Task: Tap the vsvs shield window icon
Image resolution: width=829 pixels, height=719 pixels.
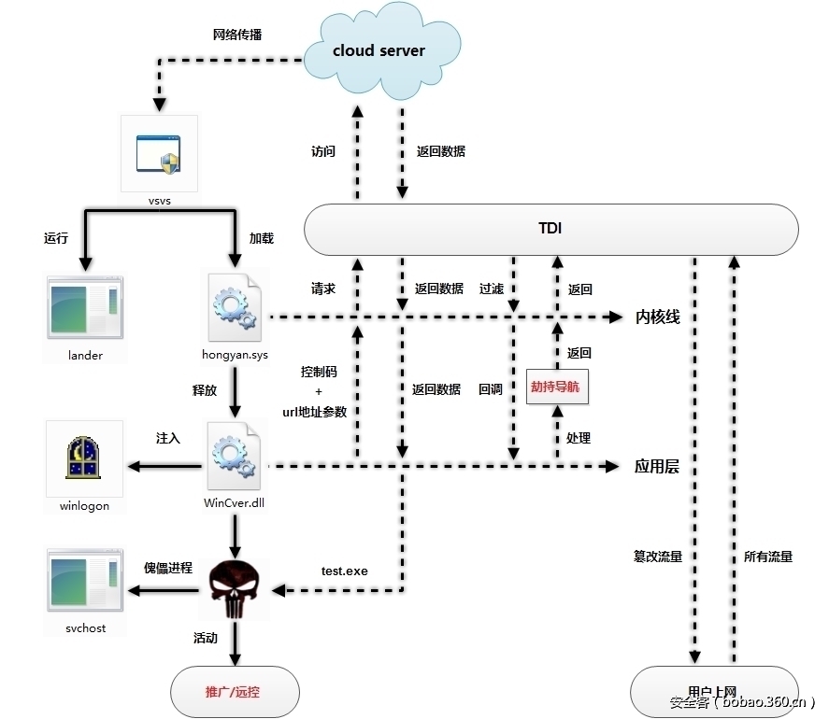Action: click(x=159, y=153)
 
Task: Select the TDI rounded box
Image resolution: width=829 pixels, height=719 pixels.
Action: click(x=551, y=229)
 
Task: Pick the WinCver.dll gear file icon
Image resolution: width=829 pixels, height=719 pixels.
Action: click(x=235, y=457)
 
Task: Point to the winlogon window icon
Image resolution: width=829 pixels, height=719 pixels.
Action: click(x=84, y=458)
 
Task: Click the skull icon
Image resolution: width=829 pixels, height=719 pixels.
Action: click(x=234, y=589)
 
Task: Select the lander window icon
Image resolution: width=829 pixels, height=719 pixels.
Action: click(x=85, y=309)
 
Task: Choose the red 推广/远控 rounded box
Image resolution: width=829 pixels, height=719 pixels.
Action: click(x=235, y=693)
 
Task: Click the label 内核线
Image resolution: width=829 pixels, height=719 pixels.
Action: click(x=658, y=317)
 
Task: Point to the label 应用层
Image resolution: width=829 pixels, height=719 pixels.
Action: click(x=657, y=466)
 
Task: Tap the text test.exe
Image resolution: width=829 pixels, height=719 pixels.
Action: click(x=345, y=571)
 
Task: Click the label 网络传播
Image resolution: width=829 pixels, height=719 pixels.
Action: click(x=237, y=35)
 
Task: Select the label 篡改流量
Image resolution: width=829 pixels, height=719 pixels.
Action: click(x=658, y=557)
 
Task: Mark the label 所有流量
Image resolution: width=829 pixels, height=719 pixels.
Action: click(x=768, y=557)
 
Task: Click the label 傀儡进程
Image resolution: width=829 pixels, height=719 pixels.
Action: click(x=167, y=568)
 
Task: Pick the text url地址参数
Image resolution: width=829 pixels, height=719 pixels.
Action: click(x=315, y=412)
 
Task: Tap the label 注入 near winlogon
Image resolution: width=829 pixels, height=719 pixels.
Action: click(x=168, y=437)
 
